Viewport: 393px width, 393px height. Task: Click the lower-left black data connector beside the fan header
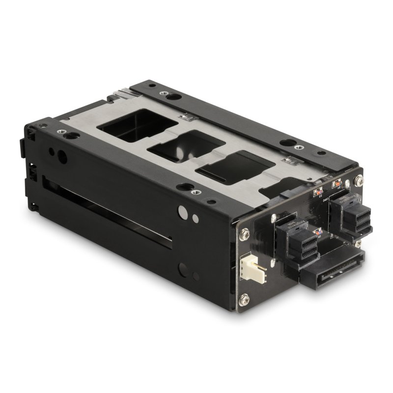(x=294, y=241)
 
